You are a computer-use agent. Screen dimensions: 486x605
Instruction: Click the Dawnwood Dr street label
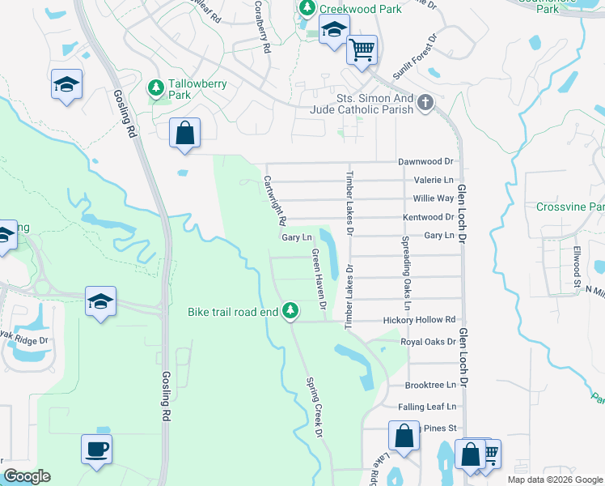(x=425, y=162)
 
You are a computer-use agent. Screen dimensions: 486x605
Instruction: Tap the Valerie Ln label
(x=434, y=180)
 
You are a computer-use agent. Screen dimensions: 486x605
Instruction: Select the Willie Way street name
(x=434, y=198)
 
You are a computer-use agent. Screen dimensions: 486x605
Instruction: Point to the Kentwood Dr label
(x=428, y=217)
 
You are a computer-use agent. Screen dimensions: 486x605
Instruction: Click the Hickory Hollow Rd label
(x=420, y=320)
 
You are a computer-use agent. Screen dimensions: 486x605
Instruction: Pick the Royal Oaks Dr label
(x=428, y=342)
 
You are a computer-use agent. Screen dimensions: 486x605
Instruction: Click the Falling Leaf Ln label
(x=427, y=407)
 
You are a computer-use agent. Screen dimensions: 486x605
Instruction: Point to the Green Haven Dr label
(x=318, y=279)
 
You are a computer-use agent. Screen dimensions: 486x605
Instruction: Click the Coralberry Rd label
(x=261, y=26)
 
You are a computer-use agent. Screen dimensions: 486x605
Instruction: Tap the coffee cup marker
(x=96, y=449)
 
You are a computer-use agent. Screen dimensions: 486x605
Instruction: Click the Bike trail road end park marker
(x=290, y=311)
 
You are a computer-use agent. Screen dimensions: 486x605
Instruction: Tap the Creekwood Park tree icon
(x=307, y=8)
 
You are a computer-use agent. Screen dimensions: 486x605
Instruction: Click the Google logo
(x=27, y=476)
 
